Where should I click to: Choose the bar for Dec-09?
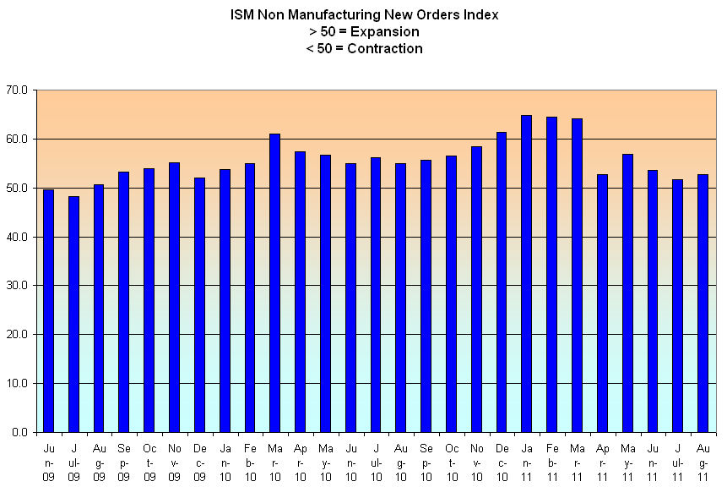coord(199,305)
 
